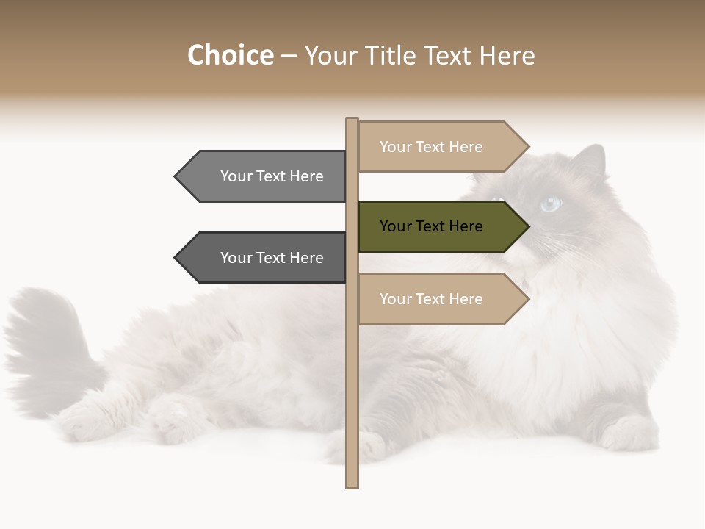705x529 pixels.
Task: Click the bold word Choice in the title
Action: coord(230,56)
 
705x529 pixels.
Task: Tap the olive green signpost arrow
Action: coord(441,226)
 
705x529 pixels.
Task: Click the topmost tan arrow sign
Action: coord(441,147)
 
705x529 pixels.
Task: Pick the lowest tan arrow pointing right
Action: coord(441,299)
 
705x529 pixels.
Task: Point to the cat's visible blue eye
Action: coord(549,204)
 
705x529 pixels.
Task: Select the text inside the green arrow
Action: coord(431,226)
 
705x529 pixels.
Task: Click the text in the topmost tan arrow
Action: coord(431,147)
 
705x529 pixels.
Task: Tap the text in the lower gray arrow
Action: coord(272,258)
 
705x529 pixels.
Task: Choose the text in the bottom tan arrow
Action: coord(431,299)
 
